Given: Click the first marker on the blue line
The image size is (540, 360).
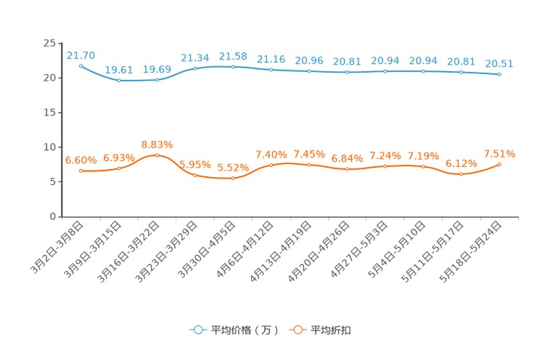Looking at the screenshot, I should pos(81,65).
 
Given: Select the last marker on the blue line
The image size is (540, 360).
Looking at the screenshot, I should pos(499,74).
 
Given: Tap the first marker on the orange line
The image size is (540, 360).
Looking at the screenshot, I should pos(81,171).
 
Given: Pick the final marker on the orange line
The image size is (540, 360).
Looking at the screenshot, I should pos(499,164).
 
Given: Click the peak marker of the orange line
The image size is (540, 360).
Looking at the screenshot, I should pos(157,155).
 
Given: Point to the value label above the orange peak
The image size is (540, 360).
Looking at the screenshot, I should pos(157,144).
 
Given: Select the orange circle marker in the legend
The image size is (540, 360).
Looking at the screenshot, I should pos(297,330).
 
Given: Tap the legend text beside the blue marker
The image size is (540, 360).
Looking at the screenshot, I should pos(245,330).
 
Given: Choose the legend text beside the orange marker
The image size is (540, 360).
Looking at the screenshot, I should pos(331,330).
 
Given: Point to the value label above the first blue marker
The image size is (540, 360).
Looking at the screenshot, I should pos(81,54).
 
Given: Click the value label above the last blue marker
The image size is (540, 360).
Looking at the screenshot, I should pos(499,63).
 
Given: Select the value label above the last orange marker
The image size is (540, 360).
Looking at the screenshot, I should pos(499,154).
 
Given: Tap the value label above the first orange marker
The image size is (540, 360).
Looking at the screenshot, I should pos(81,160).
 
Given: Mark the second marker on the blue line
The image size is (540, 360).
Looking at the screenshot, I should pos(119,80).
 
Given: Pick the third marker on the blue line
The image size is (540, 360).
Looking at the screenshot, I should pos(157,79).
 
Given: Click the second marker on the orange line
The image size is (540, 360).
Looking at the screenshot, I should pos(119,168).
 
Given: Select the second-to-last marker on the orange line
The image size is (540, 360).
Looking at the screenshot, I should pos(461,173).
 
